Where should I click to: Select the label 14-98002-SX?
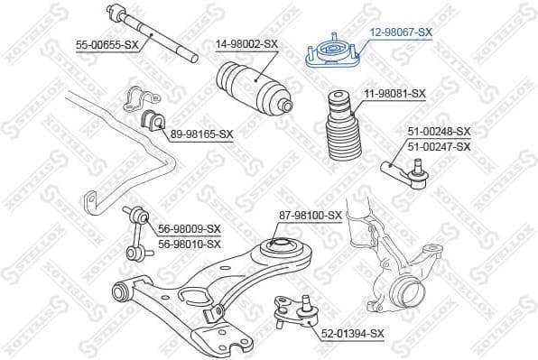pos(246,42)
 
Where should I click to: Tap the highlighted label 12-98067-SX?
pos(401,31)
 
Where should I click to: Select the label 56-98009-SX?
pos(190,229)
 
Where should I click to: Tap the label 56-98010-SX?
pos(190,244)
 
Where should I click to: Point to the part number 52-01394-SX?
pos(353,333)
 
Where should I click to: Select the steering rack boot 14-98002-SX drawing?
pos(254,87)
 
